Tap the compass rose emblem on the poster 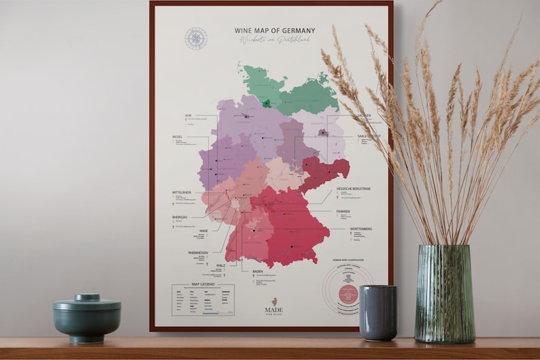195,37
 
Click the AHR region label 188,116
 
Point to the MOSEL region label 179,137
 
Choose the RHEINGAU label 180,216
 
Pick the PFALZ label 220,265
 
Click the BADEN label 258,272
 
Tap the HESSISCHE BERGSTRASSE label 357,187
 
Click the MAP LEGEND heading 203,285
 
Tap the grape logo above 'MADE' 274,300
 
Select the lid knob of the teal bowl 87,297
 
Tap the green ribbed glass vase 445,293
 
